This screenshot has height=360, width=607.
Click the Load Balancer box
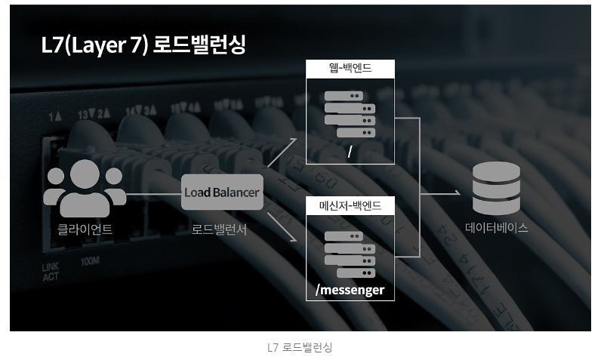(x=222, y=192)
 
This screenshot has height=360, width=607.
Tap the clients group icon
(x=85, y=188)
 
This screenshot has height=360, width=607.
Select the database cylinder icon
(x=496, y=188)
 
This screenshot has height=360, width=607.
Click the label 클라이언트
(x=85, y=229)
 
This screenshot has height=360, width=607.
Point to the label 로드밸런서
(x=219, y=229)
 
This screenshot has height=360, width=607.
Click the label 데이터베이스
(x=497, y=227)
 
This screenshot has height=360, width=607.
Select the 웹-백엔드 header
(x=350, y=69)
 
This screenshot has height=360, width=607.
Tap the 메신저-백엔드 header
(x=350, y=205)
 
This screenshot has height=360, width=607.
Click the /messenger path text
(x=350, y=290)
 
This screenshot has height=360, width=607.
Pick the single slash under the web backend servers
(x=350, y=152)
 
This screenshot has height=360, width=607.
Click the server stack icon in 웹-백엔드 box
(x=350, y=114)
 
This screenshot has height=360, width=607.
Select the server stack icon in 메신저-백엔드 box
(x=350, y=254)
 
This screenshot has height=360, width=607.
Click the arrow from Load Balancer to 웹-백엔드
(x=282, y=152)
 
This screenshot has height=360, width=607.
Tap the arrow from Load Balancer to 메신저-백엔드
(x=282, y=227)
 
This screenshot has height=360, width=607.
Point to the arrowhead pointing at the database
(x=458, y=193)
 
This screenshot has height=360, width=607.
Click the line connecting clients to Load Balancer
(x=154, y=193)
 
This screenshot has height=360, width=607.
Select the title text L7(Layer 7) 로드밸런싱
(x=143, y=45)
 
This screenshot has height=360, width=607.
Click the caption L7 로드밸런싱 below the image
(x=300, y=347)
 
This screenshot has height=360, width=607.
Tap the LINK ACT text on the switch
(x=51, y=272)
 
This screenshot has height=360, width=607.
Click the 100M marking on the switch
(x=90, y=261)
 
